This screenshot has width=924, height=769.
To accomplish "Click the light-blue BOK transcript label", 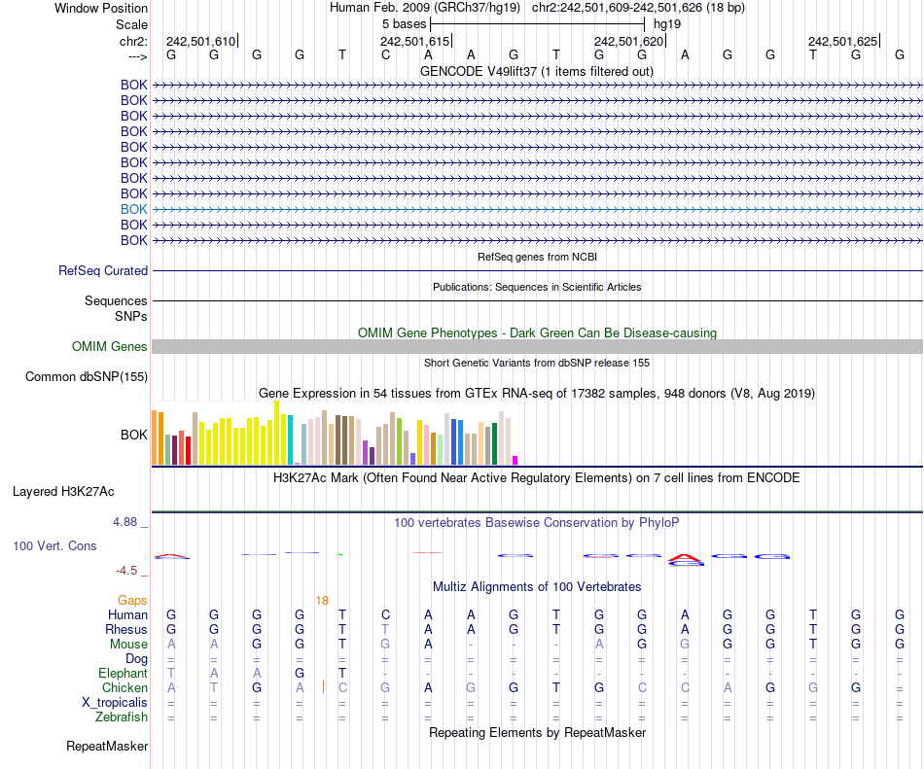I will pyautogui.click(x=134, y=209).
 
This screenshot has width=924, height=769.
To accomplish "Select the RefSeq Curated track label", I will pyautogui.click(x=103, y=271).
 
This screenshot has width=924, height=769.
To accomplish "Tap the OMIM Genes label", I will pyautogui.click(x=110, y=347).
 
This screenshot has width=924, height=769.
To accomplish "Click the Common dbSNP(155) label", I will pyautogui.click(x=87, y=377).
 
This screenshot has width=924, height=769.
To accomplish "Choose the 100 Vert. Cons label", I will pyautogui.click(x=54, y=546).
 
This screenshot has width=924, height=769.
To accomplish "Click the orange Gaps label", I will pyautogui.click(x=132, y=601).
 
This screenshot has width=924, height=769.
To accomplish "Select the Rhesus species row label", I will pyautogui.click(x=125, y=630).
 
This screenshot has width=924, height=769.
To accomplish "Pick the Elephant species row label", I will pyautogui.click(x=123, y=674).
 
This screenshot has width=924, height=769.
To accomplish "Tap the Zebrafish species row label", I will pyautogui.click(x=122, y=717).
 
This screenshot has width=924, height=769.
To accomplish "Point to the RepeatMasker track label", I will pyautogui.click(x=107, y=747).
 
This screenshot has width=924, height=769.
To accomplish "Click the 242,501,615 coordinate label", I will pyautogui.click(x=414, y=42).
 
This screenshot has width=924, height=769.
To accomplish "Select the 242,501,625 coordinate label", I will pyautogui.click(x=842, y=42).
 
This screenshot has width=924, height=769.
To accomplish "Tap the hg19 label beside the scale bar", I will pyautogui.click(x=667, y=23).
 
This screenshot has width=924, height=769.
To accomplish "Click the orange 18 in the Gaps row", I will pyautogui.click(x=322, y=601).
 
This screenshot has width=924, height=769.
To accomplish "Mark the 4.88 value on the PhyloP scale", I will pyautogui.click(x=127, y=522).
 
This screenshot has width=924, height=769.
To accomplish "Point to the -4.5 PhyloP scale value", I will pyautogui.click(x=127, y=571).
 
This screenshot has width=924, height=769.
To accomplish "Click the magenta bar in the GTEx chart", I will pyautogui.click(x=515, y=460).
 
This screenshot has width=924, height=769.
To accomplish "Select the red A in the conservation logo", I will pyautogui.click(x=686, y=559).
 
